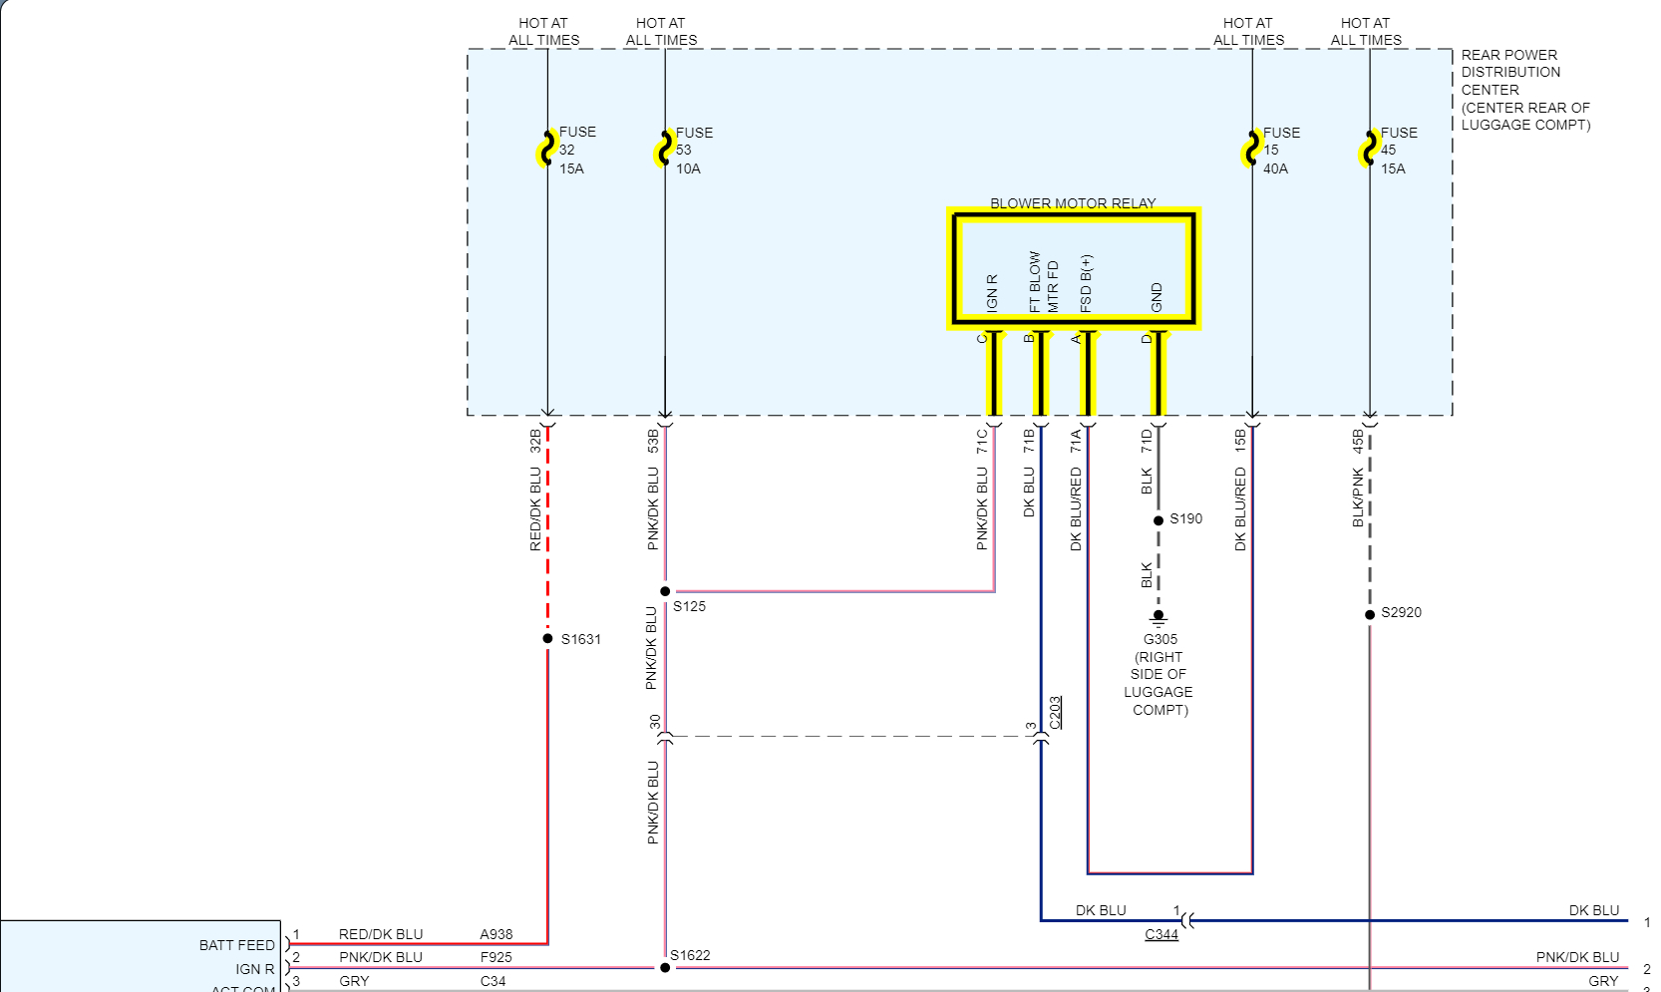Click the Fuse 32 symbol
[x=546, y=150]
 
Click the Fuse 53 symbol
[x=664, y=150]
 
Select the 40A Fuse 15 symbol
[x=1251, y=150]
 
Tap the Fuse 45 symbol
[x=1369, y=150]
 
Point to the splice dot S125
[x=665, y=591]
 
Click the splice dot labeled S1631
[x=547, y=638]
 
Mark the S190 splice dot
[x=1159, y=520]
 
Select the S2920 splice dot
[x=1370, y=614]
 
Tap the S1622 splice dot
[x=665, y=967]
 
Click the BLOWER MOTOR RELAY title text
[x=1073, y=203]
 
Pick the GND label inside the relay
[x=1157, y=297]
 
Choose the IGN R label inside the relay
[x=991, y=293]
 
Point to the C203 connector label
[x=1056, y=712]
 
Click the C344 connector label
[x=1162, y=934]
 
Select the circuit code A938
[x=497, y=934]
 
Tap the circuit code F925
[x=497, y=957]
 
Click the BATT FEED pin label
[x=236, y=945]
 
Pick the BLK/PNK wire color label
[x=1358, y=497]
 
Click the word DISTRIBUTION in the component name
[x=1510, y=72]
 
